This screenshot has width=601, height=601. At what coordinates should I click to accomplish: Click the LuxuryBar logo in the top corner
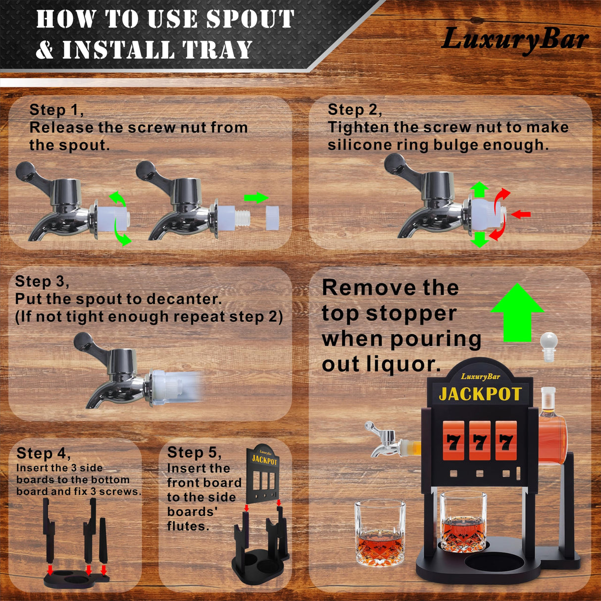[x=514, y=41]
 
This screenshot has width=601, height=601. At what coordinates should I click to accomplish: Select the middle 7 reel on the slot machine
[x=480, y=441]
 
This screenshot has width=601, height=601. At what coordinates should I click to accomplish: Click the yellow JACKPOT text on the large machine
[x=480, y=394]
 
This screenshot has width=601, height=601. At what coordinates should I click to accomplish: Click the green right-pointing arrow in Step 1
[x=256, y=198]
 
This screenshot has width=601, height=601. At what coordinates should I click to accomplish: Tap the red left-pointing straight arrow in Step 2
[x=521, y=214]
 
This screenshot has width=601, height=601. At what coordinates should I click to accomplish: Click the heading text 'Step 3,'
[x=42, y=281]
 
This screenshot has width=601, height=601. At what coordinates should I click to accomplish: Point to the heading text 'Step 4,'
[x=44, y=453]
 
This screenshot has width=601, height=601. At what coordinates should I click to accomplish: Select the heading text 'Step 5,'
[x=194, y=452]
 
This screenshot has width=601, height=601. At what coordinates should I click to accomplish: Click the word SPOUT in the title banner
[x=250, y=19]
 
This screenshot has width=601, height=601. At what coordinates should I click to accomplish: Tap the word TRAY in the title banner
[x=217, y=50]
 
